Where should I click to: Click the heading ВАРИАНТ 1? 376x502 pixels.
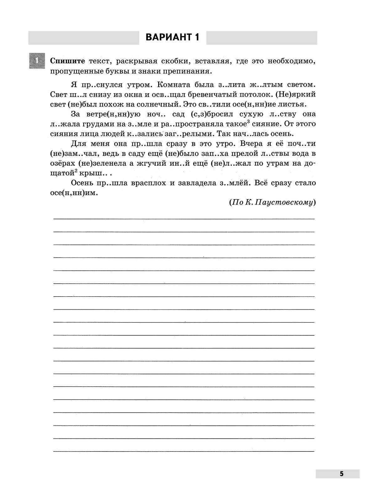click(172, 37)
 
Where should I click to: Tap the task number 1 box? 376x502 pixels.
click(37, 61)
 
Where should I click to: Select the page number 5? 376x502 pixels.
click(342, 474)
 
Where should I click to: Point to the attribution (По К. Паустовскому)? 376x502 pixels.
click(272, 202)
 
